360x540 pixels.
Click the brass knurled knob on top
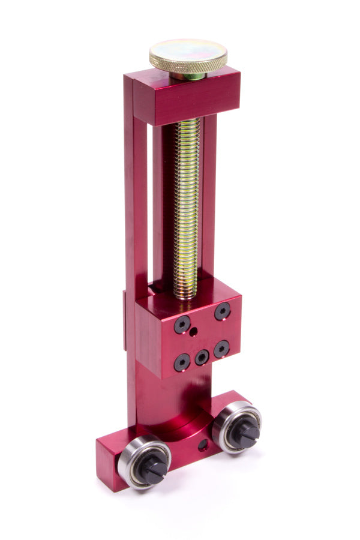coord(188,55)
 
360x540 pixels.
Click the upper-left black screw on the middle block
coord(182,325)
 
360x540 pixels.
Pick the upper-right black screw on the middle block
coord(223,311)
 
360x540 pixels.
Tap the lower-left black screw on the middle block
coord(182,362)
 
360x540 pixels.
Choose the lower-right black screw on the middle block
coord(222,349)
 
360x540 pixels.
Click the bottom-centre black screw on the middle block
coord(202,358)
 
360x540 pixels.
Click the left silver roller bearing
coord(144,461)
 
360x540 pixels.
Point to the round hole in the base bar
coord(203,445)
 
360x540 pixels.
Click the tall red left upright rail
coord(135,240)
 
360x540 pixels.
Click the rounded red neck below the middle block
coord(174,402)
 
